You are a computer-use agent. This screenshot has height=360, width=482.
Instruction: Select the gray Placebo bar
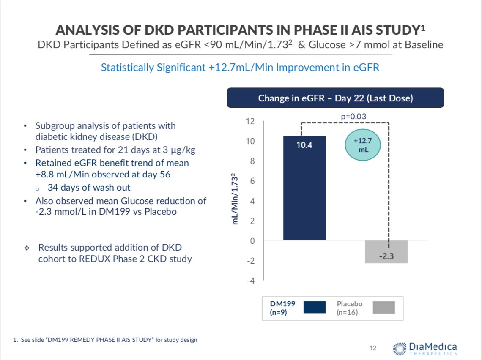pos(386,252)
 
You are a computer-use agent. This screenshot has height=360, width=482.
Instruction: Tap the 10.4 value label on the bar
pos(304,145)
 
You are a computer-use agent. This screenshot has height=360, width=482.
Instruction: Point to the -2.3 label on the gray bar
pos(386,255)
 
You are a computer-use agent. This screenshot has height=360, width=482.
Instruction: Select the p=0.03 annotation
pos(353,116)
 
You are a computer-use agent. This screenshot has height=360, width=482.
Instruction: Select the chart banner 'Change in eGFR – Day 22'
pos(335,98)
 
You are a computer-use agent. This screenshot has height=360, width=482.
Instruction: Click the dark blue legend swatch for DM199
pos(315,307)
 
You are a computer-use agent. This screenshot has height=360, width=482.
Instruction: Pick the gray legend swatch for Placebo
pos(384,307)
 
